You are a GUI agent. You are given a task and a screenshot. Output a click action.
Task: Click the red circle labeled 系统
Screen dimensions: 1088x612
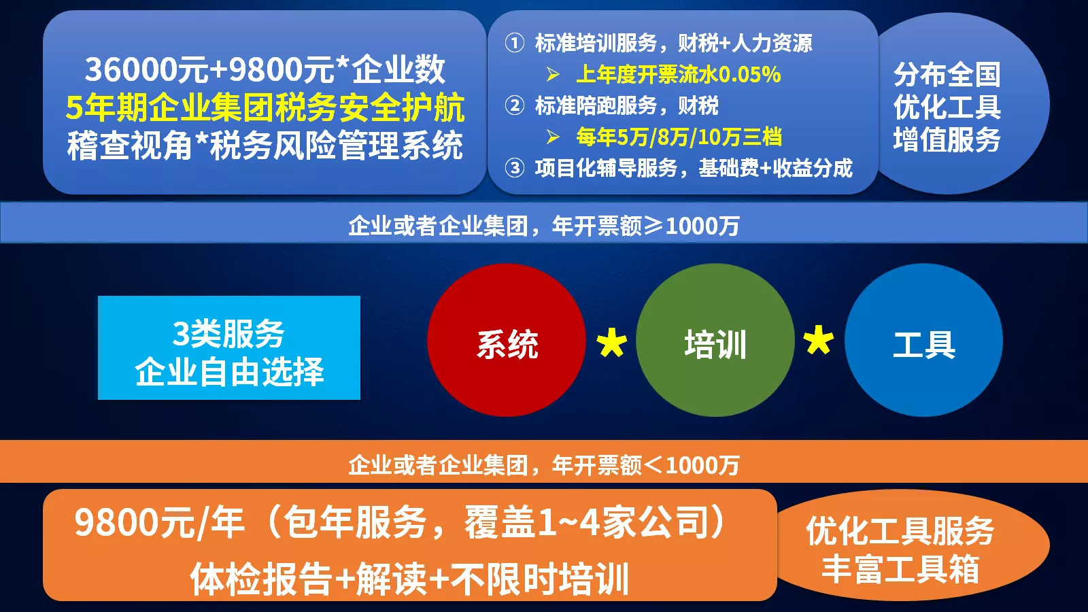pyautogui.click(x=506, y=340)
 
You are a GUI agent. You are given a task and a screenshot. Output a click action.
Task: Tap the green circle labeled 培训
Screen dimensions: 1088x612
pyautogui.click(x=715, y=340)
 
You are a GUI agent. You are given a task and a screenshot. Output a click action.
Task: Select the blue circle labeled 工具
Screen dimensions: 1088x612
pyautogui.click(x=923, y=340)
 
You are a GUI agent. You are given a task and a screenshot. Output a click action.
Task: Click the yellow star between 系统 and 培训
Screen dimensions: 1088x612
pyautogui.click(x=611, y=343)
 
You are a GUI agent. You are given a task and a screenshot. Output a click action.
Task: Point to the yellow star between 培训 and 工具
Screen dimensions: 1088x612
pyautogui.click(x=819, y=340)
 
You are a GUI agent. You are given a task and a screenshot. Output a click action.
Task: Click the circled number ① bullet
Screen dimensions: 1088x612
pyautogui.click(x=515, y=43)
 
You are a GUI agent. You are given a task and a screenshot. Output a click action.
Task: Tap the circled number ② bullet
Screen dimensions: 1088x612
pyautogui.click(x=515, y=105)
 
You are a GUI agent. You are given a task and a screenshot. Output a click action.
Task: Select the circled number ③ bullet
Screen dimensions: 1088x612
pyautogui.click(x=515, y=168)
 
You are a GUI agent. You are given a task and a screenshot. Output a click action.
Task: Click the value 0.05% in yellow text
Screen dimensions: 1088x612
pyautogui.click(x=749, y=74)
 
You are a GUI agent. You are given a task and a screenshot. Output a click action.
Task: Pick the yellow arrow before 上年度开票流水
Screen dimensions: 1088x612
pyautogui.click(x=554, y=74)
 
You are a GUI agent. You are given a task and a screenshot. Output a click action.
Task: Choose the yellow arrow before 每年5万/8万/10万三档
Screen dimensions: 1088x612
pyautogui.click(x=554, y=137)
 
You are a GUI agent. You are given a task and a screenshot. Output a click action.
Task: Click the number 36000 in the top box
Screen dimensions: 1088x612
pyautogui.click(x=131, y=69)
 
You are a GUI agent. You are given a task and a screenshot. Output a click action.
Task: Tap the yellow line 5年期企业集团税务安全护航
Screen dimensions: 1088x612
pyautogui.click(x=265, y=107)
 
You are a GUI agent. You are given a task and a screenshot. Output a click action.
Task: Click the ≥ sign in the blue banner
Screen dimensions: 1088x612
pyautogui.click(x=653, y=225)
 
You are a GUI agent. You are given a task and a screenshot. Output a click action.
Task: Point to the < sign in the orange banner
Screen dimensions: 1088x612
pyautogui.click(x=653, y=465)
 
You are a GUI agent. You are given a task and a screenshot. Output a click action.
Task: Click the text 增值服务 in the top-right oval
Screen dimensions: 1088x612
pyautogui.click(x=947, y=140)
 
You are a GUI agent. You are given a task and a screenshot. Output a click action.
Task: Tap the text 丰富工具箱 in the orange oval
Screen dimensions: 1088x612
pyautogui.click(x=900, y=568)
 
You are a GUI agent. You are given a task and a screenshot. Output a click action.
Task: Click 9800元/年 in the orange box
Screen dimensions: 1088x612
pyautogui.click(x=159, y=523)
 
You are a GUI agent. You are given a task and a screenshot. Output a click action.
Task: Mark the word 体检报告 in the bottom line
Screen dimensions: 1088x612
pyautogui.click(x=261, y=579)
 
